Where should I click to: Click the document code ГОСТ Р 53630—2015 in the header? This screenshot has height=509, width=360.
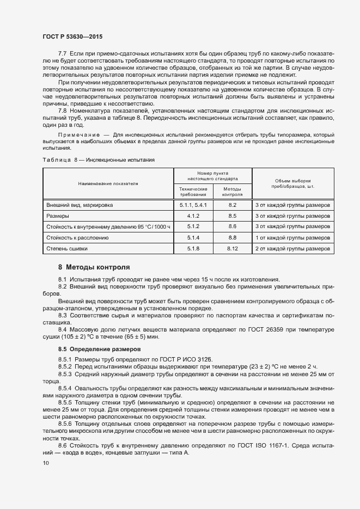pyautogui.click(x=72, y=36)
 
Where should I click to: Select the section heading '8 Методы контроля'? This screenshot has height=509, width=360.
pyautogui.click(x=94, y=267)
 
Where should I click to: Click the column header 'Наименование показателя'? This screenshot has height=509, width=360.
pyautogui.click(x=108, y=183)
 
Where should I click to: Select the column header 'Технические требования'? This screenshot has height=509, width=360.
pyautogui.click(x=193, y=191)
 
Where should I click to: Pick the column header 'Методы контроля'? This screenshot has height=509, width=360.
pyautogui.click(x=233, y=191)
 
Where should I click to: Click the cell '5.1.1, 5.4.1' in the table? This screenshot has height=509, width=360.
pyautogui.click(x=193, y=205)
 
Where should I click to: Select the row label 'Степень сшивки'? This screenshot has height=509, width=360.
pyautogui.click(x=68, y=248)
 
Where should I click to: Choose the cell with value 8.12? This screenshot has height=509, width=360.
pyautogui.click(x=233, y=248)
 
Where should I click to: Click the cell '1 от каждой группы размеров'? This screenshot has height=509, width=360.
pyautogui.click(x=293, y=237)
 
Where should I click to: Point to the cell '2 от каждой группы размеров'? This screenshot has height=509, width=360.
pyautogui.click(x=293, y=248)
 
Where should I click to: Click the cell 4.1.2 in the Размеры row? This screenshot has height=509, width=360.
pyautogui.click(x=193, y=216)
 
